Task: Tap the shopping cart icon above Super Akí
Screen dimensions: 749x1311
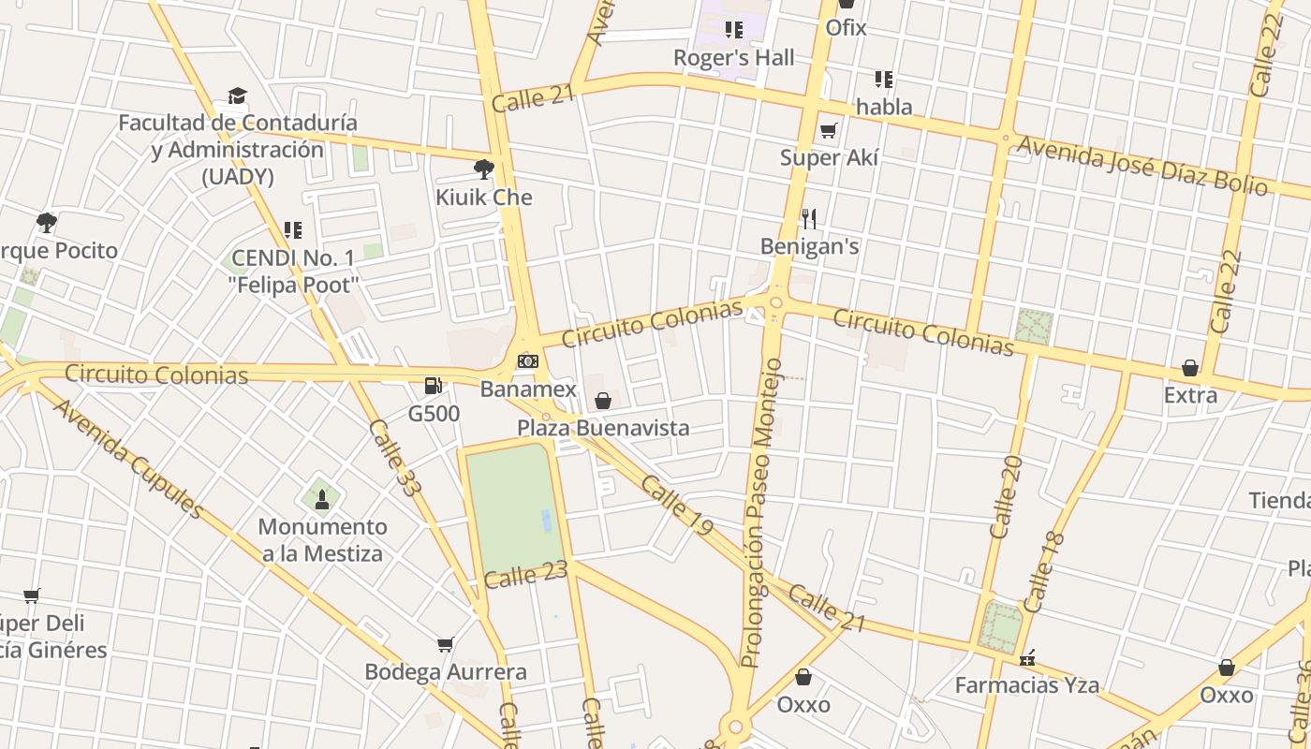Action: (828, 130)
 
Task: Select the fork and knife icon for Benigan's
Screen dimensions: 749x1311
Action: (809, 219)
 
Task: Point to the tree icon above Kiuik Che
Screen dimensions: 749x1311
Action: (484, 169)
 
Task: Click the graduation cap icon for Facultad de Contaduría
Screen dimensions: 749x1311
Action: (238, 95)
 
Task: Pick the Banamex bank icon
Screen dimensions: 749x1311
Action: (528, 361)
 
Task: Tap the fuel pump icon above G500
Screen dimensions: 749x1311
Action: (434, 385)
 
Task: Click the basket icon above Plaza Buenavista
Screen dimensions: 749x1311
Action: (603, 401)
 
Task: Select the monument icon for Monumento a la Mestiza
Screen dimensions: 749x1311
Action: (322, 499)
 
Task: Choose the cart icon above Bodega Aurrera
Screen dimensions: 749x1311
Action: (446, 644)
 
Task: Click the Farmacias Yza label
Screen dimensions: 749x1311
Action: (1026, 685)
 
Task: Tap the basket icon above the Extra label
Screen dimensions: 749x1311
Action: (1190, 368)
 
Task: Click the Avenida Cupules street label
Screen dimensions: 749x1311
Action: (128, 459)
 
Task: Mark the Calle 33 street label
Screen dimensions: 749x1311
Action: (394, 457)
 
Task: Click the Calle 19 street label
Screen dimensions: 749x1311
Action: (677, 506)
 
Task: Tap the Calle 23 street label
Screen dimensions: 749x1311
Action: (526, 574)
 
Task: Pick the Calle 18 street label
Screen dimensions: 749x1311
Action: (1044, 572)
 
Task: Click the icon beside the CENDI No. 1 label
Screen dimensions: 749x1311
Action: (292, 230)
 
